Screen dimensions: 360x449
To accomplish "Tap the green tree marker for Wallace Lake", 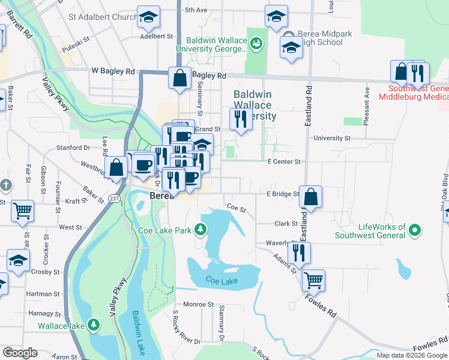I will [x=94, y=326].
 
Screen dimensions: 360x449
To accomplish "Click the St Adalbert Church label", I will [x=103, y=17].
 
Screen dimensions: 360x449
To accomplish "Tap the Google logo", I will [x=20, y=353].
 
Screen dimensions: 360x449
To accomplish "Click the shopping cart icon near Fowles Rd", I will [x=313, y=280].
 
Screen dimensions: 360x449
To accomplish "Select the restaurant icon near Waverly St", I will [x=299, y=253].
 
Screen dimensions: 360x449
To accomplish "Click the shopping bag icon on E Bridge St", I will [x=310, y=196].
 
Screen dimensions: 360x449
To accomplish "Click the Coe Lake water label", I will [x=221, y=280].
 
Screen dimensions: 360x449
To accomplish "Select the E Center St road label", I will [x=283, y=161].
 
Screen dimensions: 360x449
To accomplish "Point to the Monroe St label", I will [x=199, y=304].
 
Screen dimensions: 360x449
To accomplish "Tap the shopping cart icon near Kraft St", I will [x=22, y=210].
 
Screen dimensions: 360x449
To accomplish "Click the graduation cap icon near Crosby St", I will [x=19, y=260].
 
